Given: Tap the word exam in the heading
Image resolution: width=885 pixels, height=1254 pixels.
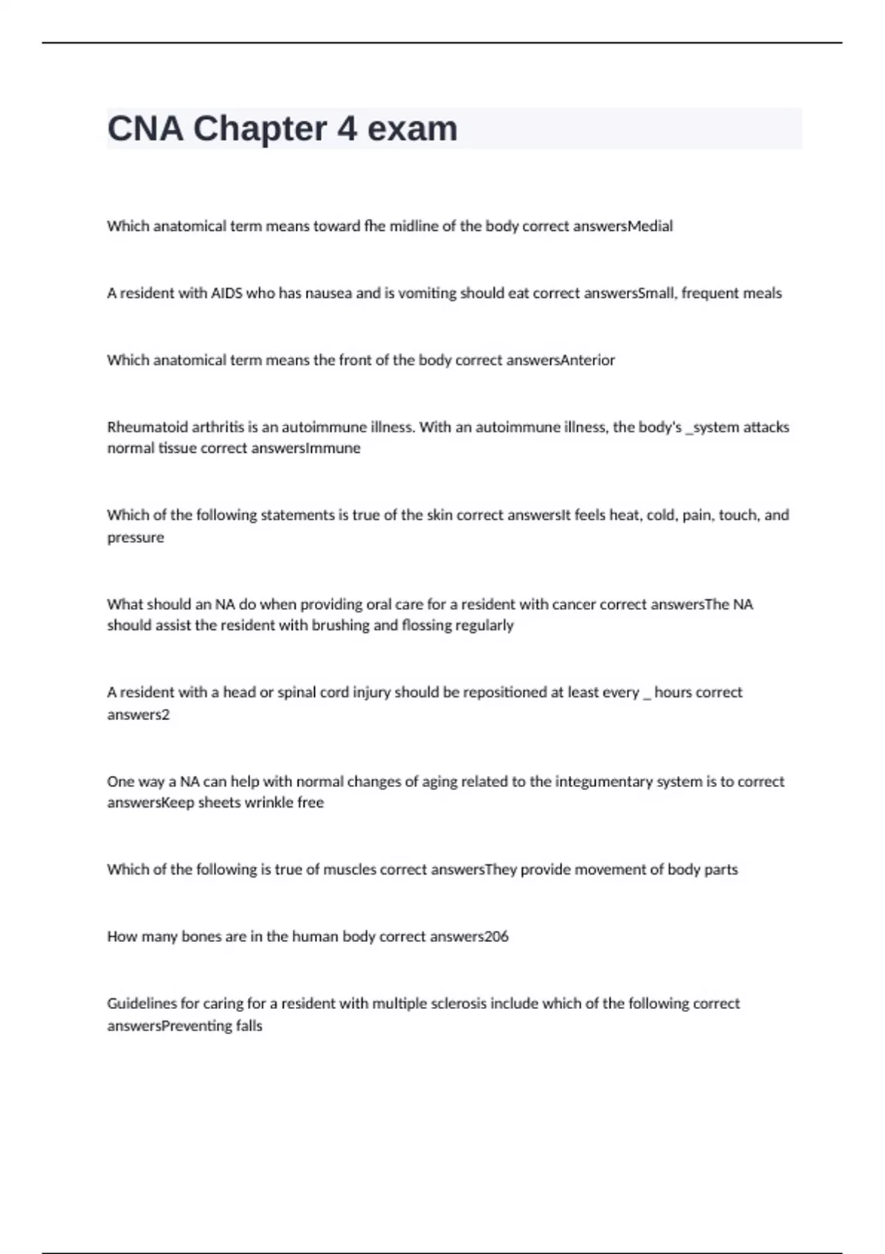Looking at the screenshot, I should pos(412,129).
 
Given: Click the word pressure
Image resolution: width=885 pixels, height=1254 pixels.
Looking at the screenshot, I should pos(136,538).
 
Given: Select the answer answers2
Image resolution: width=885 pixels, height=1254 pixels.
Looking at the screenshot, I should pos(138,715).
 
